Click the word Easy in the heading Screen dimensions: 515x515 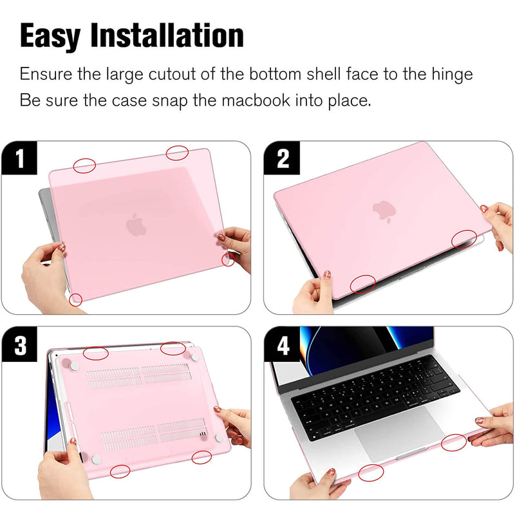[50, 36]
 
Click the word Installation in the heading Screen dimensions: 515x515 [167, 35]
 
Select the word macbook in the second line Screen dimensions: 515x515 [256, 100]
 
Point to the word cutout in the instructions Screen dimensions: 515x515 [172, 74]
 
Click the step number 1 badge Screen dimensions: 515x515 [20, 158]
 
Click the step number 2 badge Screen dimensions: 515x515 [283, 158]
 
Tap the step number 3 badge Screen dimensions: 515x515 [20, 345]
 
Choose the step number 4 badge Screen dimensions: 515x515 [283, 345]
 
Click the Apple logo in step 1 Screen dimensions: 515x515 [136, 225]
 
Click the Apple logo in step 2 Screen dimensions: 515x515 [384, 211]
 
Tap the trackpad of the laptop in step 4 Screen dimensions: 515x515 [399, 432]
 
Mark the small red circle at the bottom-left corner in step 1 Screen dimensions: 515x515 [75, 300]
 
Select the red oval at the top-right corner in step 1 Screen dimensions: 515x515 [177, 153]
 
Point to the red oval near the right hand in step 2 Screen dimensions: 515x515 [464, 239]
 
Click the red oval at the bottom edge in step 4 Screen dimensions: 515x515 [371, 473]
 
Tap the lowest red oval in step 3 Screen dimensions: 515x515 [120, 471]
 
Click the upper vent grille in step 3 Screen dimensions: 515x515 [138, 376]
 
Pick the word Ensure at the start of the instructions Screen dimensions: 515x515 [46, 74]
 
